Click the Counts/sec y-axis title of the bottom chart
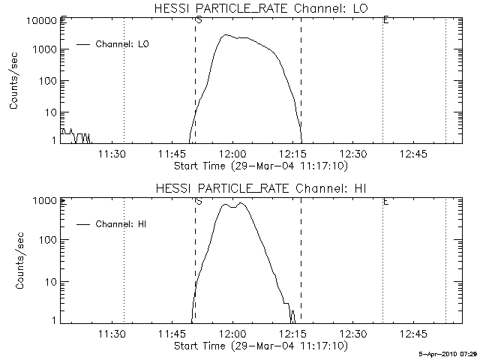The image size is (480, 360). pos(15,260)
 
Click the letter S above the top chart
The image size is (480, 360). pos(198,19)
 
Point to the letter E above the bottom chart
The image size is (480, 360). pos(385,200)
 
